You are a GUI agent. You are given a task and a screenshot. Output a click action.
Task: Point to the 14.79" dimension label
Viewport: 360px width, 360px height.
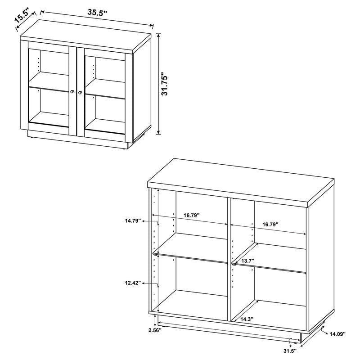pos(134,221)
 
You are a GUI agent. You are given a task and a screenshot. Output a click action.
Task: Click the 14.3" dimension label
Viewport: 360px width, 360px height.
pos(247,319)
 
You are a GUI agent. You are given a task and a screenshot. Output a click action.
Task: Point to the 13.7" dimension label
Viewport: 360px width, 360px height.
pos(247,261)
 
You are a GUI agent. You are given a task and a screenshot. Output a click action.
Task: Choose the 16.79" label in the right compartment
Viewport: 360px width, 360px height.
pos(270,224)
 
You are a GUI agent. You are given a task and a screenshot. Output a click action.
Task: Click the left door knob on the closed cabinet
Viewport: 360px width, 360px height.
pos(72,92)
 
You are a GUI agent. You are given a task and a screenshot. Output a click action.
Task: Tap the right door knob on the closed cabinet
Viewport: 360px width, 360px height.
pos(80,92)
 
